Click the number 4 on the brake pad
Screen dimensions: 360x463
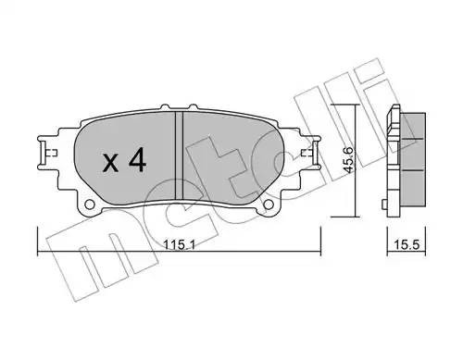pyautogui.click(x=135, y=163)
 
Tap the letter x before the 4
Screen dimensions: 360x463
pyautogui.click(x=109, y=165)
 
